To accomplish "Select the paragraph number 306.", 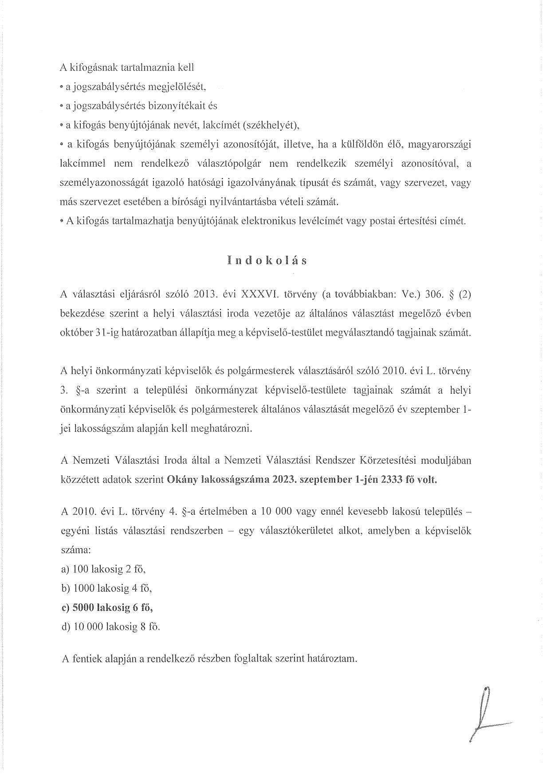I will coord(430,294).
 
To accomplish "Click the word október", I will coord(75,333).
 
